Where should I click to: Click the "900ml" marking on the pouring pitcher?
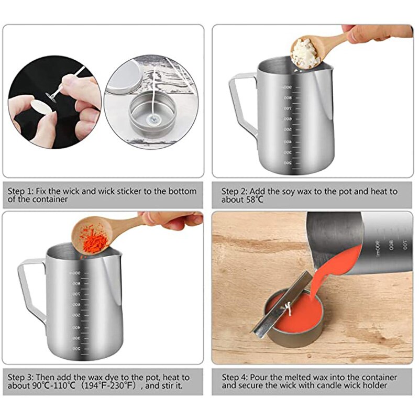(x=376, y=247)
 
